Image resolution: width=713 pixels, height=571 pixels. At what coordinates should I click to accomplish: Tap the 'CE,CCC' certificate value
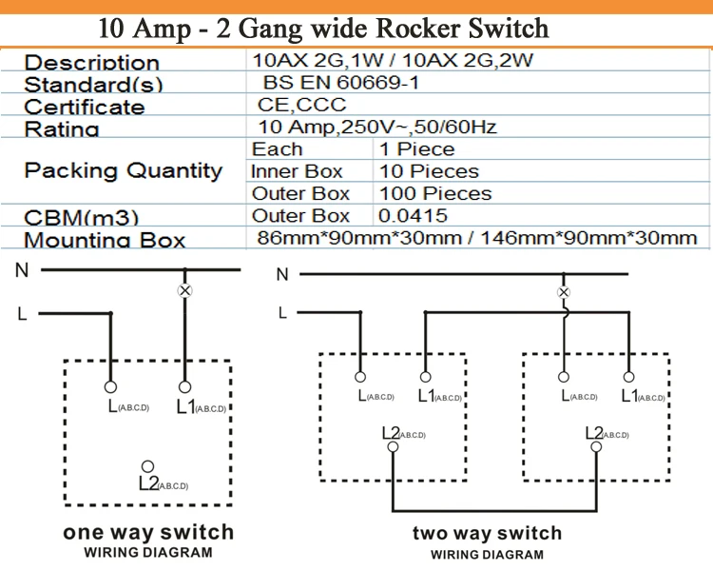click(302, 105)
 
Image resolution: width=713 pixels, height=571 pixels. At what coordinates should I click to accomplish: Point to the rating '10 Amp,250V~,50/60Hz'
click(377, 128)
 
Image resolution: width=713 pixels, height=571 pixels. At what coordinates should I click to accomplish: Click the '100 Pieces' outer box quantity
click(434, 193)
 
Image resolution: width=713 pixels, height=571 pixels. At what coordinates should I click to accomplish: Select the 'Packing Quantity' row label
click(123, 171)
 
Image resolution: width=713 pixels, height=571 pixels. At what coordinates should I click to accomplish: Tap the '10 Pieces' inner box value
click(429, 171)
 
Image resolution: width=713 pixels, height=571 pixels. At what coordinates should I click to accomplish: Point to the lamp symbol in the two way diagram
click(564, 292)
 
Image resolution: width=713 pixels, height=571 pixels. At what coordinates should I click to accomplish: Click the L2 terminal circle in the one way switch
click(147, 465)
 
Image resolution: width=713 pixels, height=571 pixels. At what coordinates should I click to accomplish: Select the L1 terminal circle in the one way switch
click(185, 387)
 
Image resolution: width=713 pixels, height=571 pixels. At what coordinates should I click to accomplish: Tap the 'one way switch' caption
click(147, 532)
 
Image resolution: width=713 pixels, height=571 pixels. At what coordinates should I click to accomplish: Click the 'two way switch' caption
click(487, 533)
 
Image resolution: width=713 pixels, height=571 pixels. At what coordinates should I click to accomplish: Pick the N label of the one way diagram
click(22, 270)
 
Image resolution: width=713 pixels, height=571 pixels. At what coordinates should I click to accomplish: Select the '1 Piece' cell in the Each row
click(416, 149)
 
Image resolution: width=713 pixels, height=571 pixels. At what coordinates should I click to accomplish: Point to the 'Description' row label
click(91, 63)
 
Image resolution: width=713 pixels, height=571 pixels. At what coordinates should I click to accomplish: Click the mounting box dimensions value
click(476, 238)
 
